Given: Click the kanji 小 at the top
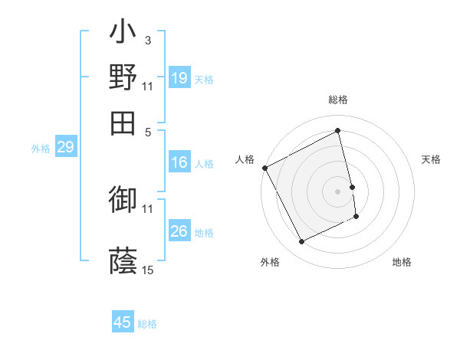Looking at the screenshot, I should coord(123,34).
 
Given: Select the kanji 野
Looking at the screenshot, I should coord(123,77).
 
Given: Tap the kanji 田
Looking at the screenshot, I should coord(123,123).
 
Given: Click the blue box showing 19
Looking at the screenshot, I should coord(179,79).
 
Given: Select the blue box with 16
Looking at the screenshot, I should coord(179,162).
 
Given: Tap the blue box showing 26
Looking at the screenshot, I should coord(179,232).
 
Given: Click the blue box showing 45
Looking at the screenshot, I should coord(123,322).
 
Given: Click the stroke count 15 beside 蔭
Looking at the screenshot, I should coord(148,270).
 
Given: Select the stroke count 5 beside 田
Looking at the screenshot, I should coord(148,132).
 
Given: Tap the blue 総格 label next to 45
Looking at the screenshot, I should coord(147,324).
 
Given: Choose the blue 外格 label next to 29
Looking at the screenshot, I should coord(41,149).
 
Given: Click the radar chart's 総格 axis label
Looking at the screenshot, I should coord(338,100).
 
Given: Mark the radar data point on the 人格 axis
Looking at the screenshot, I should coord(265,168).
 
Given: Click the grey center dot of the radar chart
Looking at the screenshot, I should coord(338,191).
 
